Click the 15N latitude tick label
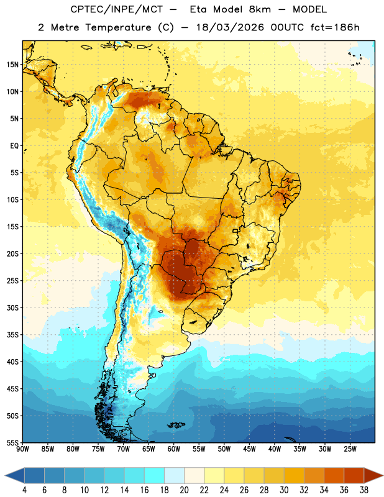tap(12, 65)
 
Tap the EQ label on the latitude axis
tap(14, 146)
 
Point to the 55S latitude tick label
tap(12, 442)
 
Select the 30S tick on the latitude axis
tap(12, 308)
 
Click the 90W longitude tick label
tap(22, 449)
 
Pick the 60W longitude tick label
tap(174, 449)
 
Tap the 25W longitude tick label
tap(350, 449)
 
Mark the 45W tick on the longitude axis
tap(249, 449)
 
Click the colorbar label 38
tap(363, 490)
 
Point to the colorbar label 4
tap(24, 490)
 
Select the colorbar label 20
tap(184, 490)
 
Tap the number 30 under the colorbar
tap(284, 490)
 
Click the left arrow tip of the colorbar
tap(6, 475)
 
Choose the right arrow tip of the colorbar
tap(383, 475)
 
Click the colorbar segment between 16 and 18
tap(154, 475)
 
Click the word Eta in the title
tap(198, 9)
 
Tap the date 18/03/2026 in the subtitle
tap(230, 27)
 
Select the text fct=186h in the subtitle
tap(335, 27)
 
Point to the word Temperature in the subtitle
tap(118, 27)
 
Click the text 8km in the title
tap(260, 9)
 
